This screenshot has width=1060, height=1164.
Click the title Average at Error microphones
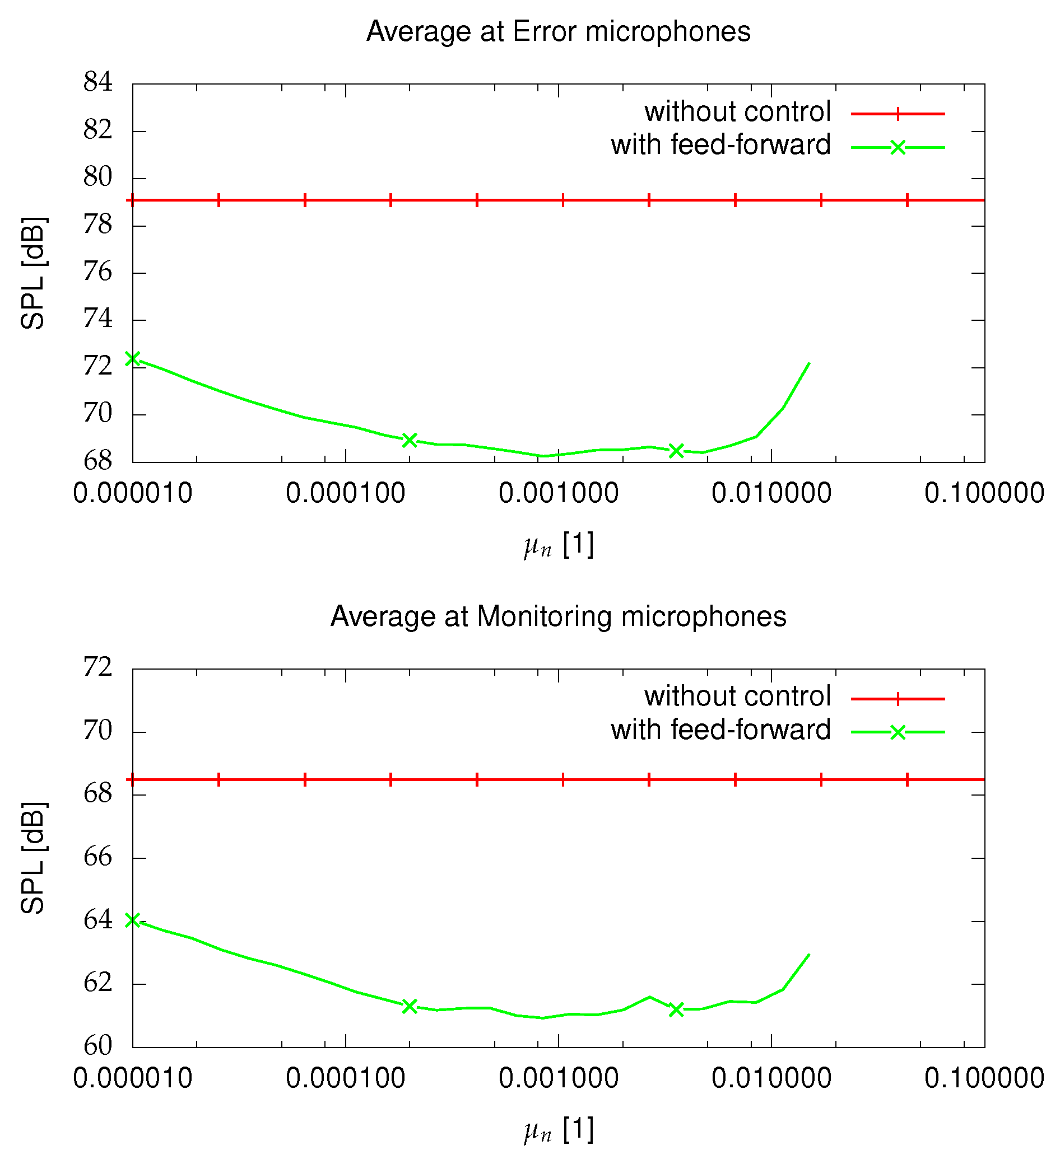[558, 31]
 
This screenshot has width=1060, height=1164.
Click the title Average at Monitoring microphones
[558, 616]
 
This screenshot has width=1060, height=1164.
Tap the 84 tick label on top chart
[97, 82]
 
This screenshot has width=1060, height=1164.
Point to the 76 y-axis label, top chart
[97, 272]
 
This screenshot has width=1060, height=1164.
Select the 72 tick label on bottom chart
[97, 667]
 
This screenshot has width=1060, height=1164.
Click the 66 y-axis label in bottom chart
[97, 857]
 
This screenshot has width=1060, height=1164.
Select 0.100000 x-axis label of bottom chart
[984, 1078]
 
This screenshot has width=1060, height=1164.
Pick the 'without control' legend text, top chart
[737, 112]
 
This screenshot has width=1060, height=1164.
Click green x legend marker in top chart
[897, 148]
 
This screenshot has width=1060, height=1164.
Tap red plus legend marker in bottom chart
[897, 699]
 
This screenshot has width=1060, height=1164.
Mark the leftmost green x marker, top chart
[133, 358]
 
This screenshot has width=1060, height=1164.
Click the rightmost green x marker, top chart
[676, 451]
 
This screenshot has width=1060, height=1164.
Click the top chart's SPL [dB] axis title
[33, 273]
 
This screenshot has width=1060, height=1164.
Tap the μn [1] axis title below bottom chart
[558, 1129]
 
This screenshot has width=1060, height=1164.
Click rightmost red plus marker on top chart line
[907, 201]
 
